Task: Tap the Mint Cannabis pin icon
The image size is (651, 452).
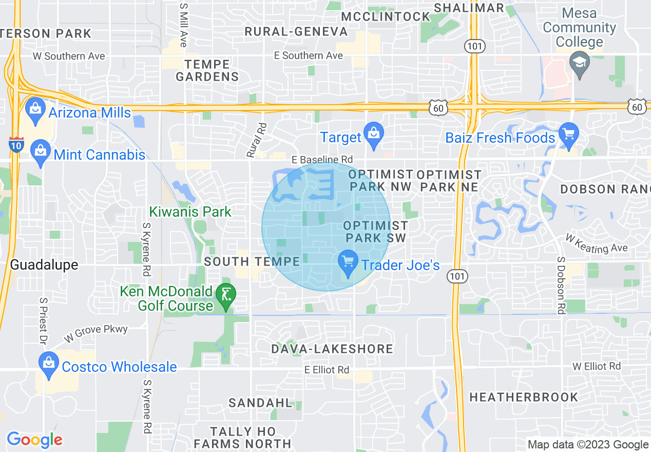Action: [x=40, y=152]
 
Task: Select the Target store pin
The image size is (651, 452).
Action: [x=373, y=135]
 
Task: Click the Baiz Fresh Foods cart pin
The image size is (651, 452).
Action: [x=568, y=135]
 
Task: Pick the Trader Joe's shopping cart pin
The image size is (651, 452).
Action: [x=348, y=263]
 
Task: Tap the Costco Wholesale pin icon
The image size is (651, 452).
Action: [x=48, y=364]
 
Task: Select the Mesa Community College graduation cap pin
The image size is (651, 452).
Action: [x=580, y=64]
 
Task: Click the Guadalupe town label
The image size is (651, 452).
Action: [x=44, y=265]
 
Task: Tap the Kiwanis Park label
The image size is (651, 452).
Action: [x=190, y=212]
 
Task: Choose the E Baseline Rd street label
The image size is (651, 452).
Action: [x=322, y=160]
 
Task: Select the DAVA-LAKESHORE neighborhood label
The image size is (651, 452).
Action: [x=333, y=349]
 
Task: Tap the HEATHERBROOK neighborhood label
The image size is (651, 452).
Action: [x=524, y=397]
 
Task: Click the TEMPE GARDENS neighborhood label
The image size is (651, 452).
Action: [x=207, y=71]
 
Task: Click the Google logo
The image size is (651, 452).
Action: [x=34, y=439]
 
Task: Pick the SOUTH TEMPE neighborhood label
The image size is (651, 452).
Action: [x=252, y=261]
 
